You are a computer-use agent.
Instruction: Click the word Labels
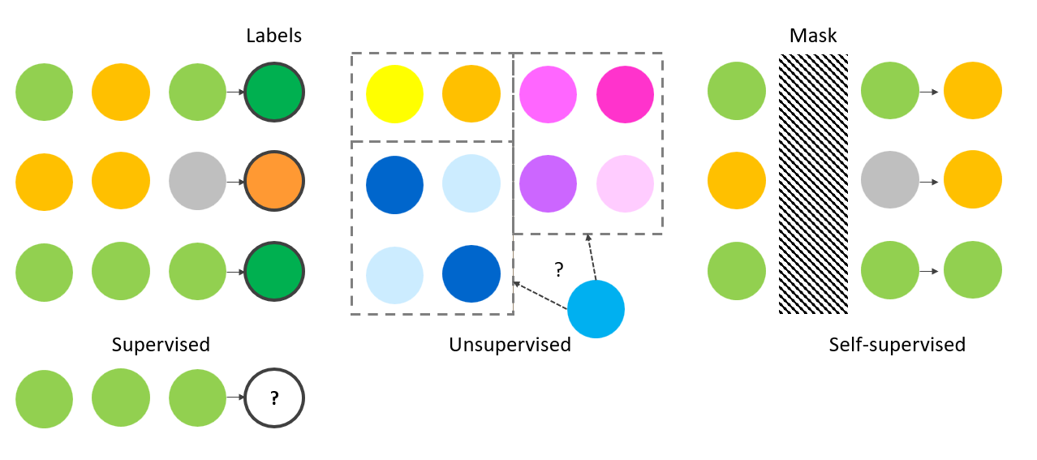click(273, 36)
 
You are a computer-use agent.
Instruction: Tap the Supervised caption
click(161, 344)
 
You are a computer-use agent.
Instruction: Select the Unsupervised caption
click(510, 344)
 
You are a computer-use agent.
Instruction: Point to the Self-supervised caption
click(897, 344)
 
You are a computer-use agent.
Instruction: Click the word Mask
click(813, 36)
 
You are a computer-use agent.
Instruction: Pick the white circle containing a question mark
click(274, 398)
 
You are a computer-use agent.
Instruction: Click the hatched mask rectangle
click(813, 184)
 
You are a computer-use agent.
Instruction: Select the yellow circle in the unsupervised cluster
click(394, 94)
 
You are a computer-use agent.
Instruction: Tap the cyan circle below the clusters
click(596, 309)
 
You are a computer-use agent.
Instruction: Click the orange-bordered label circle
click(274, 181)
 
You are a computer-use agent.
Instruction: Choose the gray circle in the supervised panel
click(197, 181)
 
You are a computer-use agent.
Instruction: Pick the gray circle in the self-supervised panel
click(889, 181)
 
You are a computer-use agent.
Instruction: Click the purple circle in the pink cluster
click(548, 184)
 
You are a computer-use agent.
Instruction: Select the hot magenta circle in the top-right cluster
click(625, 94)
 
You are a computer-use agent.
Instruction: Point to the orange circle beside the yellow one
click(471, 94)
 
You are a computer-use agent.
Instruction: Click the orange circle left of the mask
click(736, 181)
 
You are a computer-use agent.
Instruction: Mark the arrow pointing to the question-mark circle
click(235, 398)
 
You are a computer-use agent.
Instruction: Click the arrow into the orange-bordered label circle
click(235, 182)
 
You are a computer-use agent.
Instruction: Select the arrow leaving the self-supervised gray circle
click(929, 182)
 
